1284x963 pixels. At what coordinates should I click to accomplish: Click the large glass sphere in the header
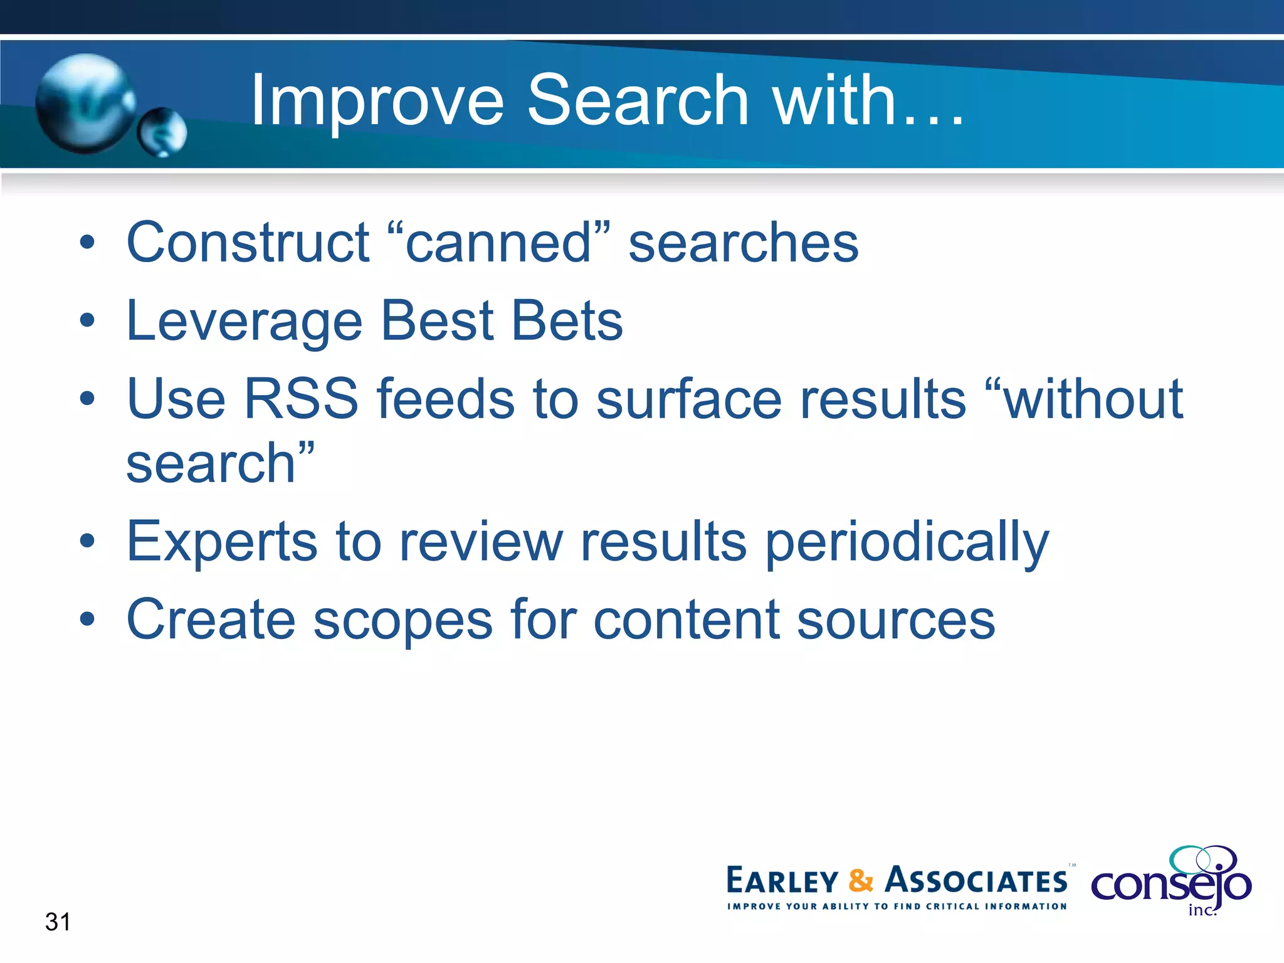point(85,103)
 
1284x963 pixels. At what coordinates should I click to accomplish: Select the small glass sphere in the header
point(162,132)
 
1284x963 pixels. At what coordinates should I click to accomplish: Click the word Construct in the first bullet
point(248,243)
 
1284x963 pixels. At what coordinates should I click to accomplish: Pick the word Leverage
point(245,321)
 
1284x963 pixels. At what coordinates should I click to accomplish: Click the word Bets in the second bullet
point(567,321)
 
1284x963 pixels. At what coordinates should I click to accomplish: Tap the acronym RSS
point(301,399)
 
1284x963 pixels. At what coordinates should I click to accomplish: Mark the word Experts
point(222,541)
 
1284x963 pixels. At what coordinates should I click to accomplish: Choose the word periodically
point(907,541)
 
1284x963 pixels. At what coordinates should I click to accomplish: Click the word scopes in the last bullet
point(403,620)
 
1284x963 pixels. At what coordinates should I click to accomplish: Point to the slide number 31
point(58,922)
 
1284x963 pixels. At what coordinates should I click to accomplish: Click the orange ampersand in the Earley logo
point(861,881)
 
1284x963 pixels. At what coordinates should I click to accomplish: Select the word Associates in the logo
point(976,881)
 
